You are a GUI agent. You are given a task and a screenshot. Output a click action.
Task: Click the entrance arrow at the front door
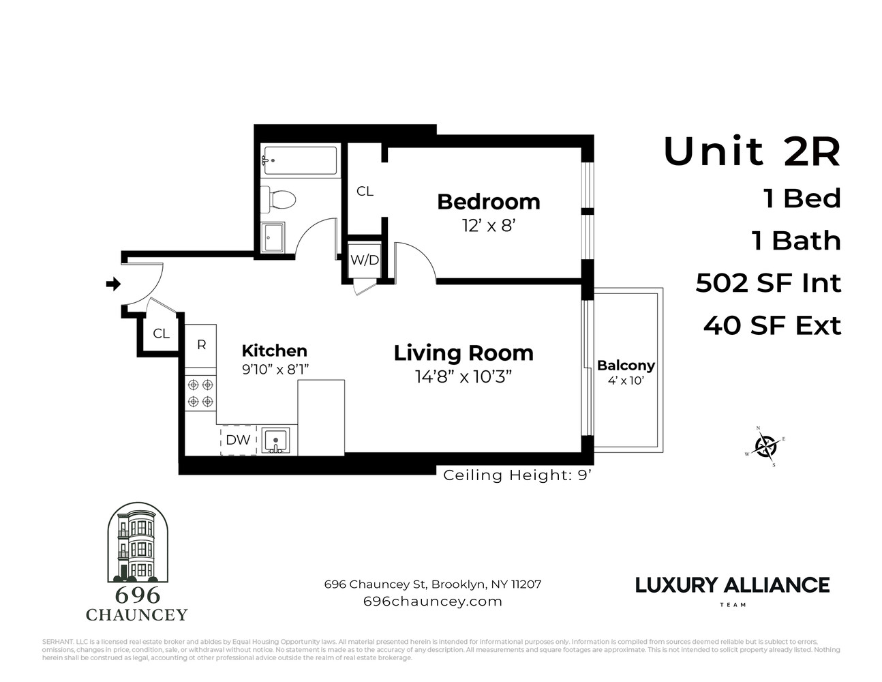click(x=113, y=284)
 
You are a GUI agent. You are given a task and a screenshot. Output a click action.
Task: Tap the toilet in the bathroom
click(x=279, y=199)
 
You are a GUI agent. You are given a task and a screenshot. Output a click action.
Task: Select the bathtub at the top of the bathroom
click(x=300, y=161)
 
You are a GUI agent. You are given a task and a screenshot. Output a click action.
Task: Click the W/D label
click(x=364, y=260)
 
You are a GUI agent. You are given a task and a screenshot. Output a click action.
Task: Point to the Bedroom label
click(x=488, y=202)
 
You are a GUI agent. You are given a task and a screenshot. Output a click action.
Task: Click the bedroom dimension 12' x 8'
click(x=488, y=225)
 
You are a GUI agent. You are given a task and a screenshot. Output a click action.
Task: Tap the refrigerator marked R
click(x=201, y=344)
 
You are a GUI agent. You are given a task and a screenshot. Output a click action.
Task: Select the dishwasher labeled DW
click(x=238, y=440)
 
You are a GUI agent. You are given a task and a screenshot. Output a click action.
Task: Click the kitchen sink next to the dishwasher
click(x=276, y=441)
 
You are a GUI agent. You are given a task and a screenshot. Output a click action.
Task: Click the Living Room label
click(x=463, y=353)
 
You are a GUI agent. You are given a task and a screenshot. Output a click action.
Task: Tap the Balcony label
click(x=626, y=366)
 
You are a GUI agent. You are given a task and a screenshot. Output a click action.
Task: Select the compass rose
click(x=767, y=447)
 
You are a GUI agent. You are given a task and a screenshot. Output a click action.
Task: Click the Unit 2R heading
click(x=752, y=151)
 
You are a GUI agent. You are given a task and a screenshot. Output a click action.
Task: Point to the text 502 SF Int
click(x=768, y=283)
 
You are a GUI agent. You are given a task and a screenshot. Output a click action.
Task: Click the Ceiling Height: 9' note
click(x=517, y=475)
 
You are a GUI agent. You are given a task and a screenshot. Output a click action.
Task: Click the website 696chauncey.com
click(x=433, y=602)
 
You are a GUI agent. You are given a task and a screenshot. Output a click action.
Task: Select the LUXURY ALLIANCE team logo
click(x=732, y=586)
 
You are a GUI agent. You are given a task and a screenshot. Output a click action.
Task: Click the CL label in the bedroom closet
click(x=365, y=192)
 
